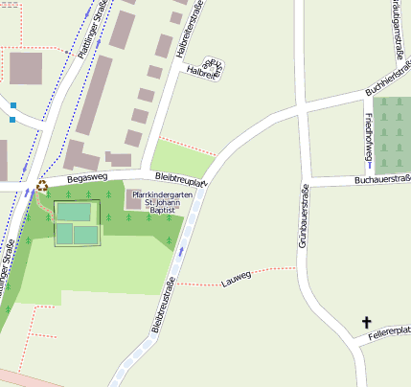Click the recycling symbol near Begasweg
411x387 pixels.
[x=41, y=187]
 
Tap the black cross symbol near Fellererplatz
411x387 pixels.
[x=364, y=323]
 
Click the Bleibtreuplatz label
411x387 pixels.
[x=181, y=181]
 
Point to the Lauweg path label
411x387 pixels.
[x=235, y=279]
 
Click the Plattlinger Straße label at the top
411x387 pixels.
[x=92, y=30]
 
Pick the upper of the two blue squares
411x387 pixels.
[x=12, y=105]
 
